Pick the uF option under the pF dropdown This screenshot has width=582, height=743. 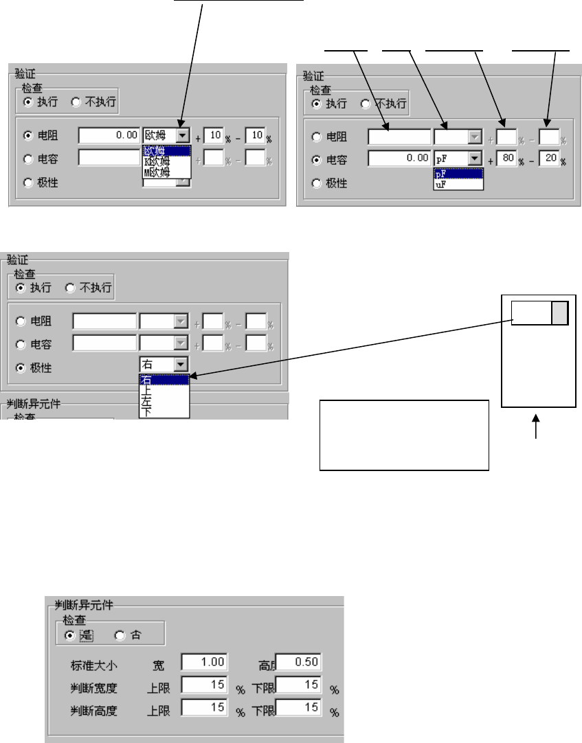coord(440,184)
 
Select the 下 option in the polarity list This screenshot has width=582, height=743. coord(147,411)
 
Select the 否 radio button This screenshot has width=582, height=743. coord(120,636)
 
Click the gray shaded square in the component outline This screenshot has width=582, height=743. coord(560,313)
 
